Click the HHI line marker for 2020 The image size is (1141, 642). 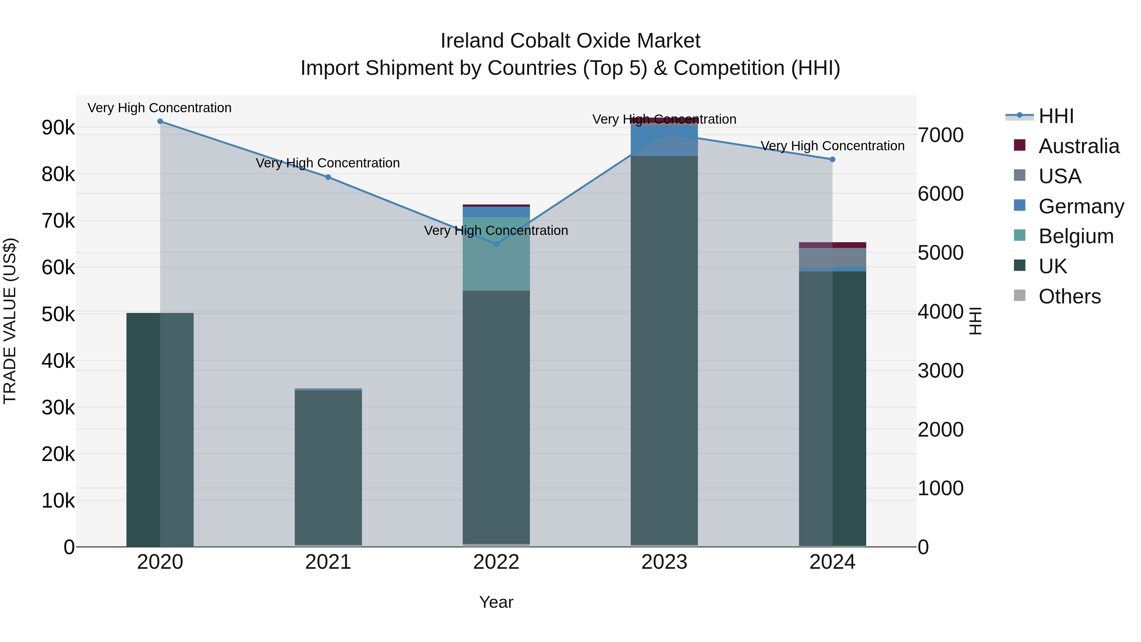160,121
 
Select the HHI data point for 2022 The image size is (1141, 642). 496,244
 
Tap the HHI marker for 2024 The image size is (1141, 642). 832,159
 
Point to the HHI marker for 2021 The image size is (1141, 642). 328,177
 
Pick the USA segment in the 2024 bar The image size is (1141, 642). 832,257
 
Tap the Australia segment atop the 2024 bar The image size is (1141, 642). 832,245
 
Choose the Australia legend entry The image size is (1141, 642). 1078,146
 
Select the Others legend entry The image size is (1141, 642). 1069,296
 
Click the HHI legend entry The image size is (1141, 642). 1056,116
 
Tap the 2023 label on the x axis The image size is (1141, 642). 664,562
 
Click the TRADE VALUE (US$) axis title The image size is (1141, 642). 10,321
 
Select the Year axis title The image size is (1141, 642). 496,602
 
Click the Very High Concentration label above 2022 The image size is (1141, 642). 496,230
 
